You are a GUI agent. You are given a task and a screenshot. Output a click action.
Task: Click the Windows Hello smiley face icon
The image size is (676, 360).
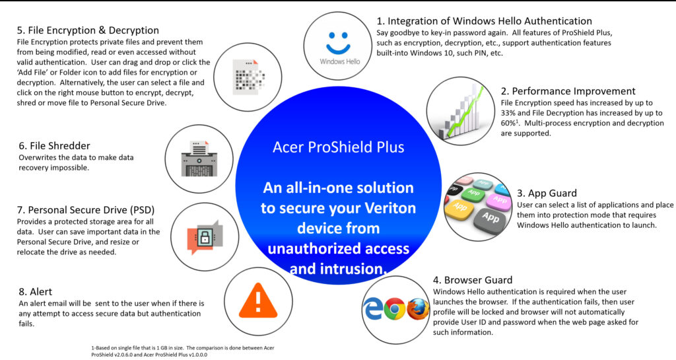point(341,40)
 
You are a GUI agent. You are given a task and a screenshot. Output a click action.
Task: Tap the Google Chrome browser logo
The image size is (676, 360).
point(395,308)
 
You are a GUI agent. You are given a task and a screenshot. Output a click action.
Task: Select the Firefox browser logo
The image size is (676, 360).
point(418,308)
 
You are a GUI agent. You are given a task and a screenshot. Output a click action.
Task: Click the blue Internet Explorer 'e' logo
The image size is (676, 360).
point(373,308)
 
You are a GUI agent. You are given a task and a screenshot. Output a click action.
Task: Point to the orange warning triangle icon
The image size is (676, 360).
point(258,302)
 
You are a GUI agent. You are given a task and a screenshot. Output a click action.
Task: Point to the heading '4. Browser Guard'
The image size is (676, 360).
point(473,279)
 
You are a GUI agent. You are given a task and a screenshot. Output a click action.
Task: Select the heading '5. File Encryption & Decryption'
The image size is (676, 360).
point(88,30)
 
